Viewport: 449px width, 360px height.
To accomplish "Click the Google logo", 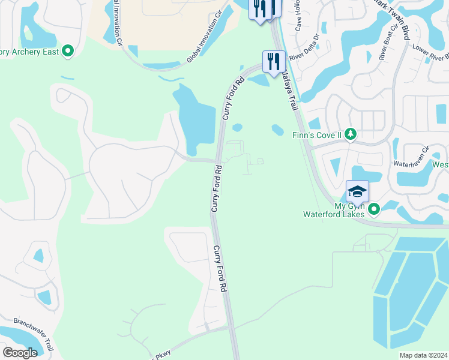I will pyautogui.click(x=20, y=353).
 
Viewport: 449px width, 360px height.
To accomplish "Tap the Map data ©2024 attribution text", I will pyautogui.click(x=423, y=355).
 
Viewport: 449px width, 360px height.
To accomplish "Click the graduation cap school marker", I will pyautogui.click(x=357, y=191).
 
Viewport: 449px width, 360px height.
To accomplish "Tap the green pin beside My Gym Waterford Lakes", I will pyautogui.click(x=375, y=209).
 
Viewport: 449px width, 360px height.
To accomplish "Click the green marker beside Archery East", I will pyautogui.click(x=68, y=52).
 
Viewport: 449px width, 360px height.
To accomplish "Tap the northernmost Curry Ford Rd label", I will pyautogui.click(x=234, y=98).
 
